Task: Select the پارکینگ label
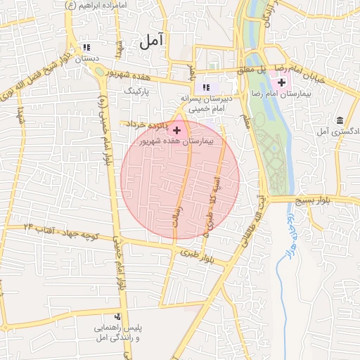coord(137,91)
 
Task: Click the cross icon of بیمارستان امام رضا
coord(283,84)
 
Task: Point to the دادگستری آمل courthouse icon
coord(340,120)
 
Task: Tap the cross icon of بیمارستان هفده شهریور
coord(176,130)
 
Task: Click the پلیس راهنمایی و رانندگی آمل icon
coord(117,316)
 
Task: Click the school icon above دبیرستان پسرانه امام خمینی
coord(206,87)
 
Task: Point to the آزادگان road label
coord(269,18)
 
